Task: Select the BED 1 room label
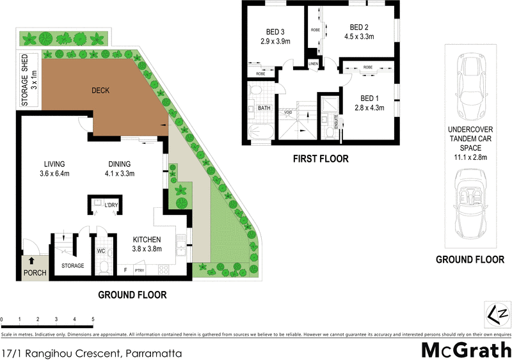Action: click(369, 98)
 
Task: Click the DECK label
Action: click(100, 90)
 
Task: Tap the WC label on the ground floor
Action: click(100, 251)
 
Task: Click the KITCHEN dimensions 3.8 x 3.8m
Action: click(147, 249)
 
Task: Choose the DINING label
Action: click(120, 163)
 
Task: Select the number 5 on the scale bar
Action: click(93, 318)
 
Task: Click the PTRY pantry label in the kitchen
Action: click(140, 271)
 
